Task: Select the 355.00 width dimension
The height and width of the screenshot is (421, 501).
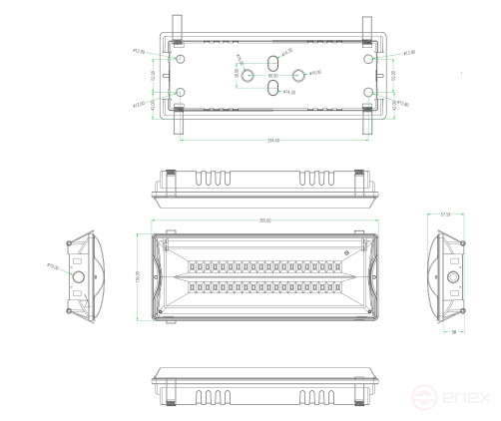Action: coord(265,219)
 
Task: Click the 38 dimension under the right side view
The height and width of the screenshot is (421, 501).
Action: coord(453,330)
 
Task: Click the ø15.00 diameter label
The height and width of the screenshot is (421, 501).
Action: coord(313,73)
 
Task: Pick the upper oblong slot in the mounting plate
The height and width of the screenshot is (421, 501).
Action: coord(271,62)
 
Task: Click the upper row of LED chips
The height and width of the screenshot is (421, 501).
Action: coord(265,267)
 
